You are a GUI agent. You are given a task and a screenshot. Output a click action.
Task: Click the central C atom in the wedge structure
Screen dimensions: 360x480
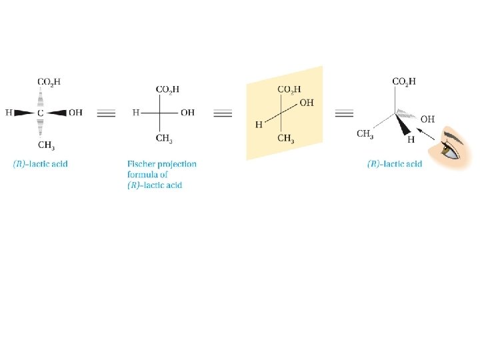click(40, 113)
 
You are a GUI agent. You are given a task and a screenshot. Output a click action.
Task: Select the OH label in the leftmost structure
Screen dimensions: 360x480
click(75, 113)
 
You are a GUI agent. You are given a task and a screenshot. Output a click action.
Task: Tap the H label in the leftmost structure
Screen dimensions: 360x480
click(9, 113)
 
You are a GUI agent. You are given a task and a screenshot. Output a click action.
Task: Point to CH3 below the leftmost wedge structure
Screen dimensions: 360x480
click(46, 145)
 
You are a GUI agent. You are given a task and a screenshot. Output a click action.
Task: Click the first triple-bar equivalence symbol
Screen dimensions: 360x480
click(106, 113)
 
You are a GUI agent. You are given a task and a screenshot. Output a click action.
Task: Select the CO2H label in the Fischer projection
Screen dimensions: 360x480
click(167, 89)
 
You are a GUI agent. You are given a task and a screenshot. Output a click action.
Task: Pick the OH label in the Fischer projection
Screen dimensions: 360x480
click(187, 113)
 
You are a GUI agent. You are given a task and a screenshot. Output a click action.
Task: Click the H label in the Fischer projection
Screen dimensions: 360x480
click(135, 113)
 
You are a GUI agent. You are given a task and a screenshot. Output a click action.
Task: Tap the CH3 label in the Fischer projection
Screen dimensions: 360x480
click(165, 139)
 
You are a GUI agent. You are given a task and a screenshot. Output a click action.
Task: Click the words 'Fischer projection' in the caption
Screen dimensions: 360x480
click(161, 164)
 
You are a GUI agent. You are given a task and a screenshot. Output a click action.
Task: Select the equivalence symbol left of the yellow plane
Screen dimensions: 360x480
click(223, 113)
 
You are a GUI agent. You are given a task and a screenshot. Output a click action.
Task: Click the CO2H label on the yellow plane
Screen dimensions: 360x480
click(289, 89)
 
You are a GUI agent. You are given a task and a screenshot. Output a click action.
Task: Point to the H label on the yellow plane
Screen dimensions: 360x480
click(259, 125)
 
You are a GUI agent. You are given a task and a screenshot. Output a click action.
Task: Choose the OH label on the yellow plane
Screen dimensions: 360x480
click(307, 103)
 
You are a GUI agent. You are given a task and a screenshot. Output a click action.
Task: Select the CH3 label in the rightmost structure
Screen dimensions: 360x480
click(365, 134)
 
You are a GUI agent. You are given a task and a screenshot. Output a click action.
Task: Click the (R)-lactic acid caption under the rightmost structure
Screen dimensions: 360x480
click(395, 164)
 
